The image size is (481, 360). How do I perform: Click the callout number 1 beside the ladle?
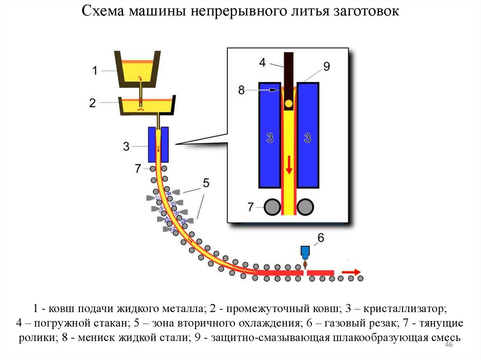tap(94, 71)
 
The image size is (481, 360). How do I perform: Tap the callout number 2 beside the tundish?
tap(94, 102)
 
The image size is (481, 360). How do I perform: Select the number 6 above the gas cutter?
tap(321, 238)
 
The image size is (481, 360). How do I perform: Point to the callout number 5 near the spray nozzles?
tap(206, 182)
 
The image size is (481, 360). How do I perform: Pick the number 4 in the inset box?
tap(262, 62)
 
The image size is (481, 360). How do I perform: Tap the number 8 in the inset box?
tap(241, 90)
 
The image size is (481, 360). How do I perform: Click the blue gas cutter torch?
tap(305, 252)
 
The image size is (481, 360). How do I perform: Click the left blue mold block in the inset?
tap(269, 136)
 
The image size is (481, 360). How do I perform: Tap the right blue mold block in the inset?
tap(308, 136)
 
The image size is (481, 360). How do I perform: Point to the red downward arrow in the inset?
tap(288, 165)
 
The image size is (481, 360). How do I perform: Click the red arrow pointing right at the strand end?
tap(351, 272)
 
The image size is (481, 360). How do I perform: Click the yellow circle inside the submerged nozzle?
tap(288, 103)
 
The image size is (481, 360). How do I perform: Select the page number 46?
tap(448, 345)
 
